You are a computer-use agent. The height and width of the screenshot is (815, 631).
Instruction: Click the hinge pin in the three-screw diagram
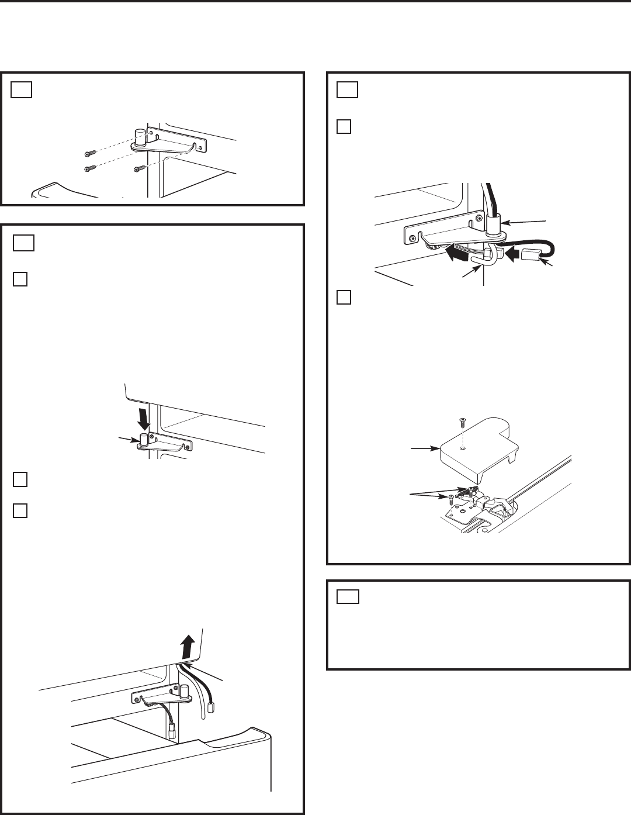click(x=140, y=137)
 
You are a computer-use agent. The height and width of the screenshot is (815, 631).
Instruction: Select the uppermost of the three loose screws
click(x=89, y=154)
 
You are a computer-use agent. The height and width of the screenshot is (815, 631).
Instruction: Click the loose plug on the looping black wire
click(x=532, y=255)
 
